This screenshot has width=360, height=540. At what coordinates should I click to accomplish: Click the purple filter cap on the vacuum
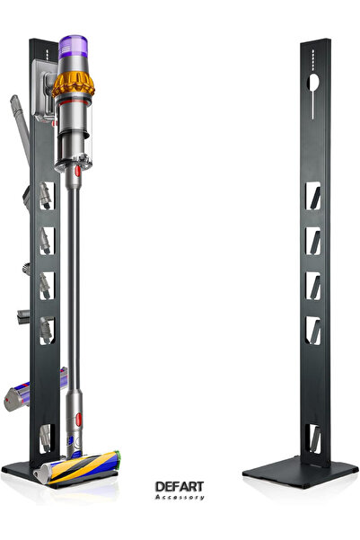tap(73, 47)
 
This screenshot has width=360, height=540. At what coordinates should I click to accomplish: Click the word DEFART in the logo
tap(180, 487)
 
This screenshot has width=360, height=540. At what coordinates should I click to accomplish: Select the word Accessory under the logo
tap(180, 497)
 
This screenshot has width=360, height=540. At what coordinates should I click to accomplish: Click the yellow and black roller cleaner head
tap(80, 467)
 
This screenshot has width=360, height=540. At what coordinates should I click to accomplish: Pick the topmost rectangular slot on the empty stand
tap(312, 196)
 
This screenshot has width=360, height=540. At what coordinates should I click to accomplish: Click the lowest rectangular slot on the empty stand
tap(313, 438)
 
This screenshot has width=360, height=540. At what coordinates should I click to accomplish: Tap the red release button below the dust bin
tap(77, 171)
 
